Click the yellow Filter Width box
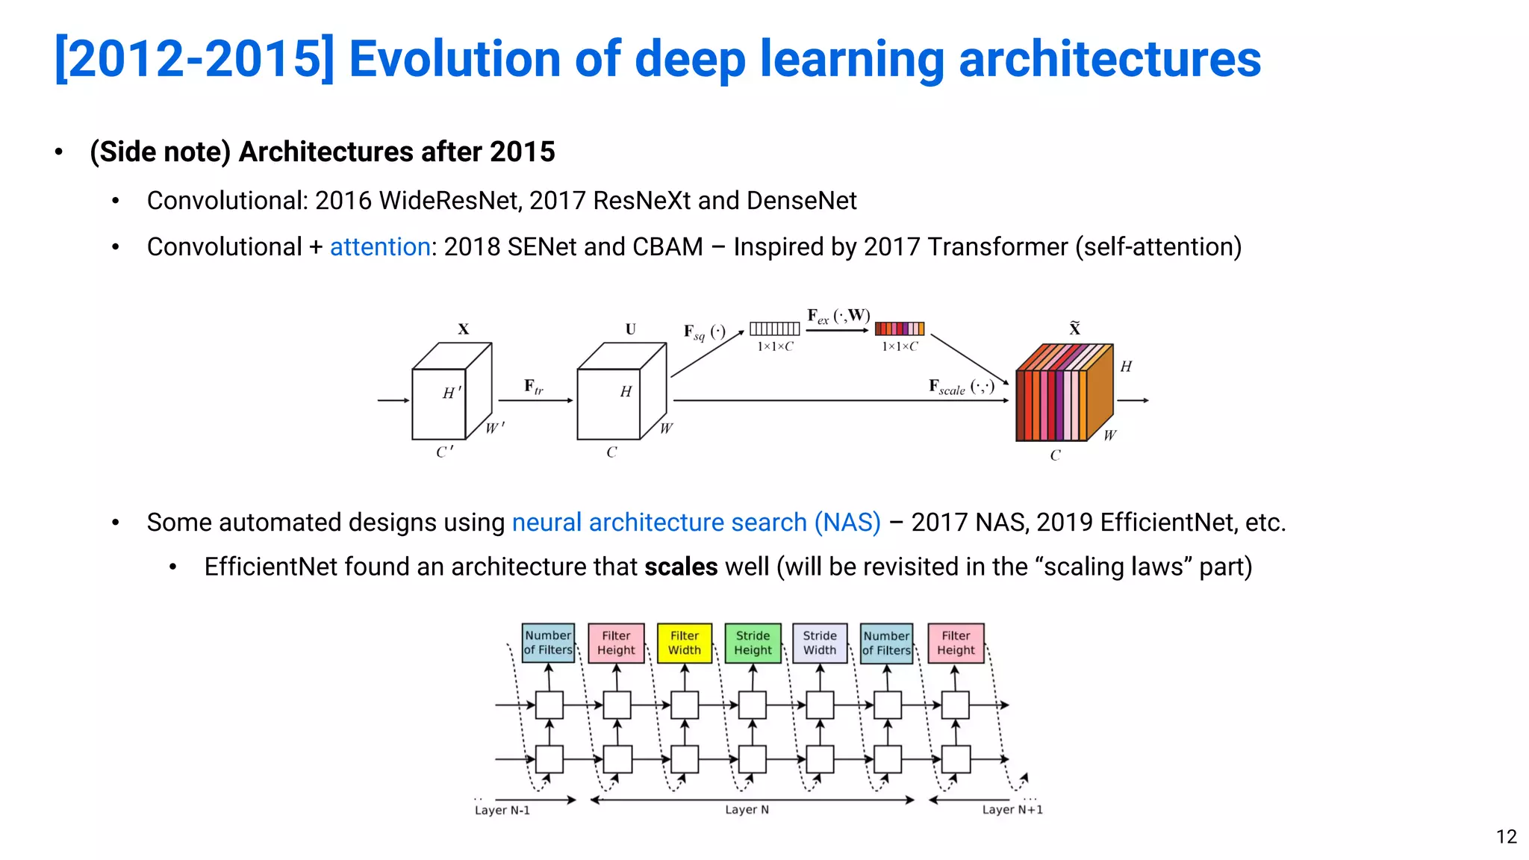point(685,643)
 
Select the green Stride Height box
point(753,643)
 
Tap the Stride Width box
point(820,643)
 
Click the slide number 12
point(1506,837)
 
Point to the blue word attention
point(380,247)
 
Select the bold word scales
point(681,567)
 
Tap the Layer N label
point(747,810)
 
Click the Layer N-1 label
point(502,811)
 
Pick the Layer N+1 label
point(1012,810)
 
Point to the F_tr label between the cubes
point(534,387)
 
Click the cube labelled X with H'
point(450,392)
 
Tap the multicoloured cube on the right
point(1064,393)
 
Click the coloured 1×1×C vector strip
point(899,328)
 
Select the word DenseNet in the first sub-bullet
point(801,201)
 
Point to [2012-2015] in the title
point(194,59)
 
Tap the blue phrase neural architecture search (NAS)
point(696,523)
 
